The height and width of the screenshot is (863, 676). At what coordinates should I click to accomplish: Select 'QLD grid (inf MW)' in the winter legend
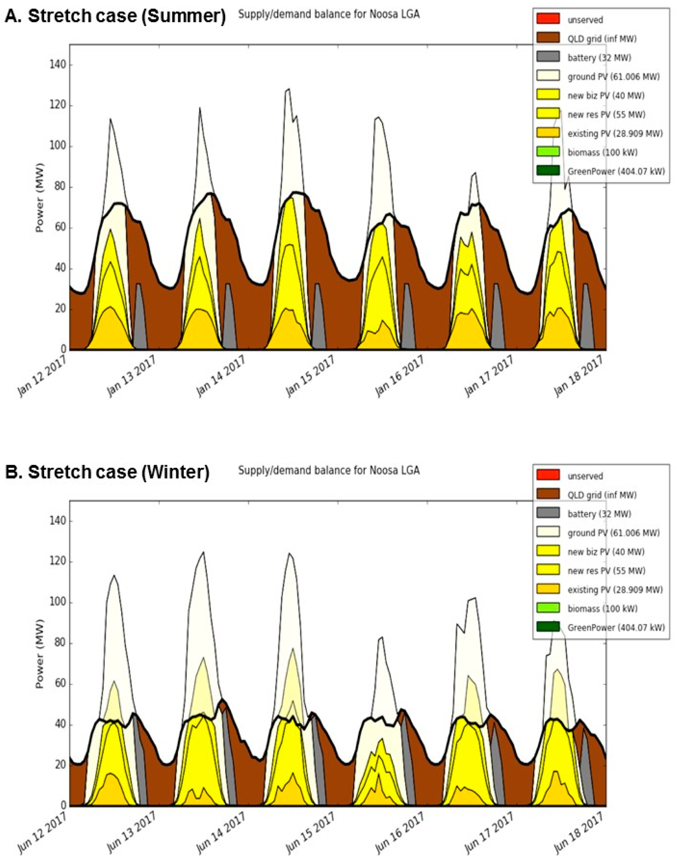[x=602, y=495]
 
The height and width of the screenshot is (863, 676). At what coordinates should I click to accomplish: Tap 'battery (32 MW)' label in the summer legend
[x=599, y=58]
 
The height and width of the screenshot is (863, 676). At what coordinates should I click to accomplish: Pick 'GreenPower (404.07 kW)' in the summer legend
[x=616, y=172]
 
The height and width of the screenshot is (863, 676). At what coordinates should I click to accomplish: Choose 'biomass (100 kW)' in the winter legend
[x=602, y=608]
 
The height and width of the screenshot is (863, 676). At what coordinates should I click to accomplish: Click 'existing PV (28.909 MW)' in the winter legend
[x=615, y=589]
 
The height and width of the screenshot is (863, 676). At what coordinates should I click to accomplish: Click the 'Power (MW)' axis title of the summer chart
[x=40, y=197]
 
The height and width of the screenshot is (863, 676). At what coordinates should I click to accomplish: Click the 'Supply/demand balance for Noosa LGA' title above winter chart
[x=328, y=470]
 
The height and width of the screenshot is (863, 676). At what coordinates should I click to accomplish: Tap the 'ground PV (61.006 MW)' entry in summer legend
[x=613, y=77]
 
